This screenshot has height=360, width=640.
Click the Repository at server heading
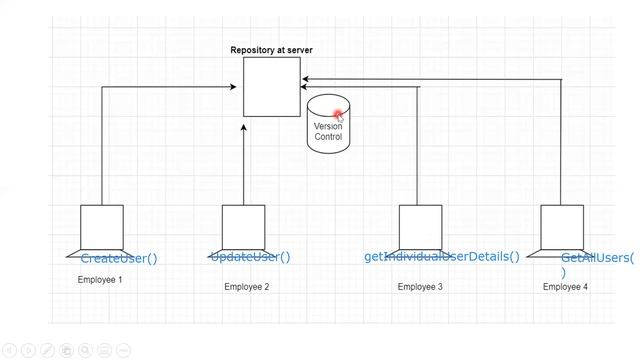272,50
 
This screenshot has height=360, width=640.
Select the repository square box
272,87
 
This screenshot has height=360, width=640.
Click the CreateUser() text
119,259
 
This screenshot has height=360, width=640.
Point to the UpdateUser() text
250,257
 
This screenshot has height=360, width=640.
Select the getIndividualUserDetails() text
441,257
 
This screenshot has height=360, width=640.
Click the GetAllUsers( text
597,258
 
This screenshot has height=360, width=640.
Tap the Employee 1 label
100,280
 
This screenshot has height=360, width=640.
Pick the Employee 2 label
246,287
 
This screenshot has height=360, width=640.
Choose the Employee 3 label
420,287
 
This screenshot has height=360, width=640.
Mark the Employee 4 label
565,287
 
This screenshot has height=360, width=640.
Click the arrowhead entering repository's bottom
243,126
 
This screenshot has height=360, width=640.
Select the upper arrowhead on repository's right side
306,79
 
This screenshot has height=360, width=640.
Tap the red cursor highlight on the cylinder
339,113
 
